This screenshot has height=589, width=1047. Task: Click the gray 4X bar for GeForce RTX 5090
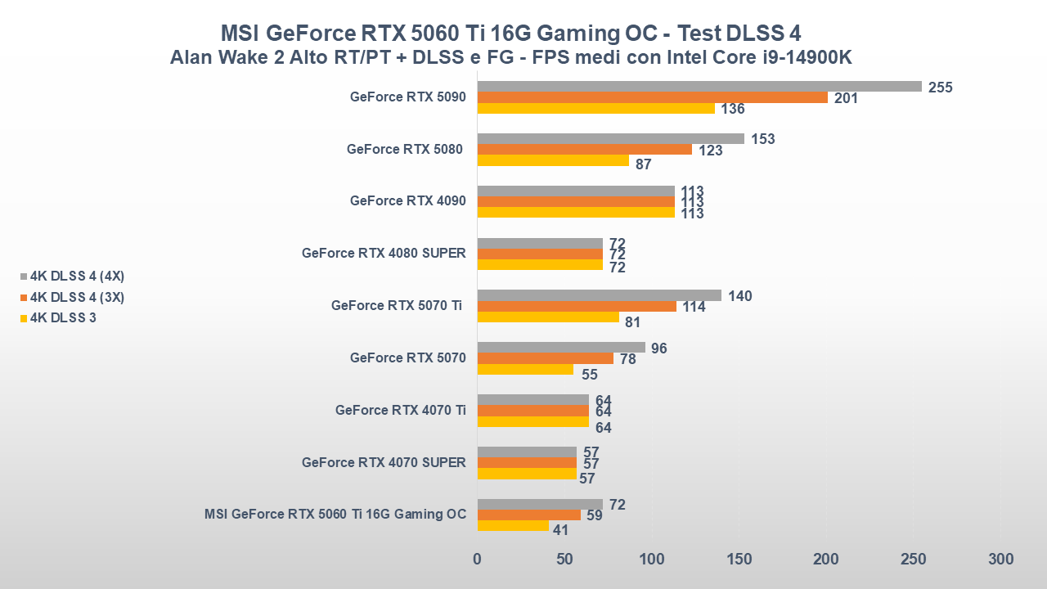[x=699, y=87]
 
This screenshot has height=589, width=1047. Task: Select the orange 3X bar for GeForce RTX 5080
[x=584, y=150]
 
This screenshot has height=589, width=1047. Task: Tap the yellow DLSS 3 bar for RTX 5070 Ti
[x=548, y=317]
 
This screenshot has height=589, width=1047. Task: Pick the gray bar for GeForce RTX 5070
[x=561, y=348]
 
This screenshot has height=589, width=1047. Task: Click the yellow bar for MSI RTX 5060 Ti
[x=513, y=526]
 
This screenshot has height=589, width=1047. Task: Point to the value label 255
[x=941, y=88]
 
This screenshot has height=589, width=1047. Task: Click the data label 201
[x=846, y=98]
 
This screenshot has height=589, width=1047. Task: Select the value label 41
[x=560, y=530]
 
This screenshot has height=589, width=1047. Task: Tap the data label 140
[x=739, y=296]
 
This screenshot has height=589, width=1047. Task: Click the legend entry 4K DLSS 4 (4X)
[x=77, y=276]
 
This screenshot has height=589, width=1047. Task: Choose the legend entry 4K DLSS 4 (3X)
[x=77, y=297]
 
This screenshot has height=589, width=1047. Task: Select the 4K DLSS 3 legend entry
[x=63, y=317]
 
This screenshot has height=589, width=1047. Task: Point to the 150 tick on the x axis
[x=739, y=560]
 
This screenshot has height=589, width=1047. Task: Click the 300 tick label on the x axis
[x=1000, y=560]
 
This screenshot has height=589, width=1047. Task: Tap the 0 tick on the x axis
[x=478, y=560]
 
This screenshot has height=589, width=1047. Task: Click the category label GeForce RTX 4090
[x=407, y=201]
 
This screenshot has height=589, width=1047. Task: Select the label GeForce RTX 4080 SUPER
[x=384, y=254]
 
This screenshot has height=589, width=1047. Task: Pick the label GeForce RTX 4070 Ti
[x=400, y=411]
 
